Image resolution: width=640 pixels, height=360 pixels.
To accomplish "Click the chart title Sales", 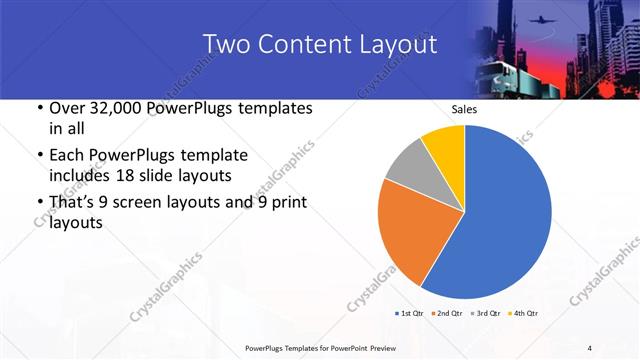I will point(464,109).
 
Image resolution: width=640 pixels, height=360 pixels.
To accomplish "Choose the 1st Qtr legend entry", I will point(409,314).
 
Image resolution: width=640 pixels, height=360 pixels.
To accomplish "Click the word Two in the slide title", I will point(225,45).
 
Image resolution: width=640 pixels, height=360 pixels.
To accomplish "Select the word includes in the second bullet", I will point(77,175).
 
